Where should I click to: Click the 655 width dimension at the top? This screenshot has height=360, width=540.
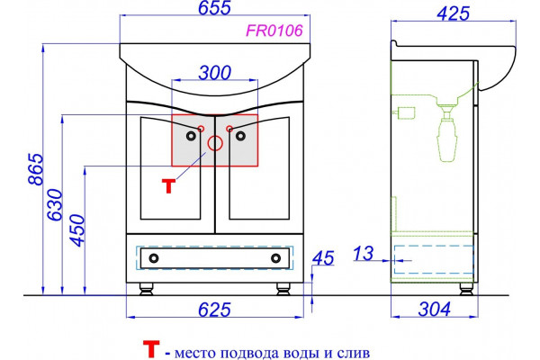(x=214, y=8)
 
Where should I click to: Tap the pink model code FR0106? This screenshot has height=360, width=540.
(x=274, y=31)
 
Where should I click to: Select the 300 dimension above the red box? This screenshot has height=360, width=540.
(x=215, y=73)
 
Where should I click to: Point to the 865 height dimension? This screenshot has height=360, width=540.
(x=36, y=169)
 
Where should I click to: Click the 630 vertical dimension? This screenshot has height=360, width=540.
(x=55, y=204)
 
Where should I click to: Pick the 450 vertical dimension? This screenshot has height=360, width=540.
(x=77, y=230)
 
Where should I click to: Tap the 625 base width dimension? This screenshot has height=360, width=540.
(x=214, y=310)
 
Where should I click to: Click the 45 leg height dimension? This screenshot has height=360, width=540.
(x=323, y=258)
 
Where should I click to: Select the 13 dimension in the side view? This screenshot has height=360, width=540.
(x=364, y=254)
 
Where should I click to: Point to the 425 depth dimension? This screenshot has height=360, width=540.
(x=453, y=13)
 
